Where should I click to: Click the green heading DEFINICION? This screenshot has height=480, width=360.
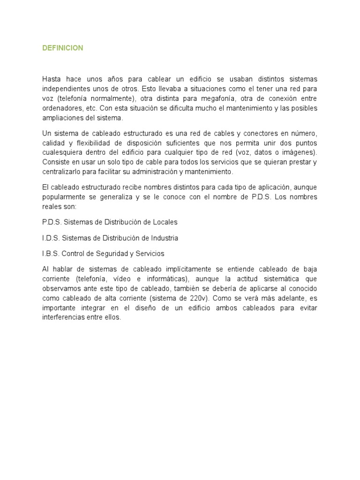[x=62, y=48]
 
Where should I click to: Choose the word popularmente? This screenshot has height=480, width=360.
[x=63, y=197]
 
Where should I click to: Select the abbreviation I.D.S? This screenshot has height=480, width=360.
[x=50, y=238]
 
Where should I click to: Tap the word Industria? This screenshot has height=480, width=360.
[x=165, y=238]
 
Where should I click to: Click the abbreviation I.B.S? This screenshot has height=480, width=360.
[x=50, y=254]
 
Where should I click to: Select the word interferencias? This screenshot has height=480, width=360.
[x=63, y=316]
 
